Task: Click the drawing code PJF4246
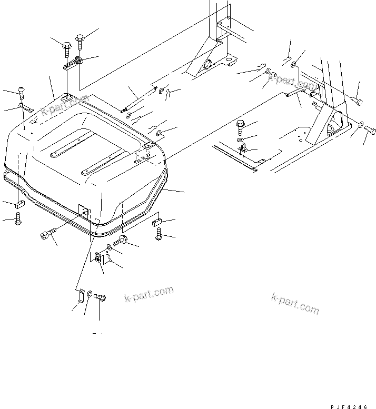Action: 349,407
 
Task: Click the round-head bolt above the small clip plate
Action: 22,93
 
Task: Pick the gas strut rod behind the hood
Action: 139,99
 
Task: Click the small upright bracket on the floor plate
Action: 243,148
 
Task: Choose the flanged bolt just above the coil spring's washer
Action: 120,241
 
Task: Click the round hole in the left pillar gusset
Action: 207,64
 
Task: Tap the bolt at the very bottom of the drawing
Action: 100,296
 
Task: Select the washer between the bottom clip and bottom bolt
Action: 89,294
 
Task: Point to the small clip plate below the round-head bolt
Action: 26,107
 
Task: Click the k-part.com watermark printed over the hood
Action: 65,105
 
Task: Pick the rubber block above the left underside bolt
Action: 19,204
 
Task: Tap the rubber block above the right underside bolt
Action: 156,222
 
